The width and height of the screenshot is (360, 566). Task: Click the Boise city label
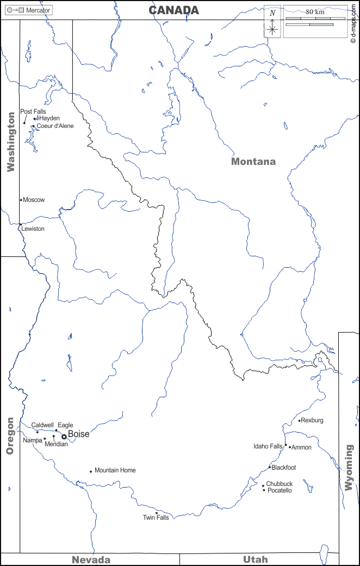point(79,434)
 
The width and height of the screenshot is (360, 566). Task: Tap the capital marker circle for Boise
point(64,436)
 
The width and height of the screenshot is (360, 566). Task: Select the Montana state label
point(253,162)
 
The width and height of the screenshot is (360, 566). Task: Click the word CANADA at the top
point(174,10)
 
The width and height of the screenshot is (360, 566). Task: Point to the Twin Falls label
point(156,518)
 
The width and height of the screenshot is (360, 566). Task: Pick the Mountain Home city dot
point(91,471)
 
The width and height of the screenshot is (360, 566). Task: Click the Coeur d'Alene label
point(55,126)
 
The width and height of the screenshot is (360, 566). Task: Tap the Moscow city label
point(34,200)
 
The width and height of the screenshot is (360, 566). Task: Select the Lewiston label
point(33,229)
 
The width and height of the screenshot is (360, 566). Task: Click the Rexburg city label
point(312,420)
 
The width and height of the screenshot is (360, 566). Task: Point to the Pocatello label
point(280,490)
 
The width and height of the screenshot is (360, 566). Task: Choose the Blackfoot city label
point(284,467)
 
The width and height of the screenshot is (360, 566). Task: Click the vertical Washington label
point(11,142)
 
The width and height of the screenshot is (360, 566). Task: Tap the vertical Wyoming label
point(349,467)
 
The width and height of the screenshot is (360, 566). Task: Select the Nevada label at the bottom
point(91,560)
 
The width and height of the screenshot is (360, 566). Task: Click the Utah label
point(255,560)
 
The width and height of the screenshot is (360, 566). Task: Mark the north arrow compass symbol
point(273,22)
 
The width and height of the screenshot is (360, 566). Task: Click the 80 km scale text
point(315,11)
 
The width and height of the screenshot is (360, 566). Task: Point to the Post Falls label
point(33,112)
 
